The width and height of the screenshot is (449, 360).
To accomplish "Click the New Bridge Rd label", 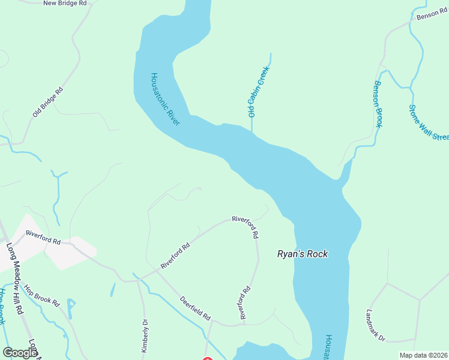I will coord(65,4).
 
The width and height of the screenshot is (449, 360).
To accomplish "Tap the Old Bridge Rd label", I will coord(47,102).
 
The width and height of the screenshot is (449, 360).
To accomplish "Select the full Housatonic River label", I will coord(165,99).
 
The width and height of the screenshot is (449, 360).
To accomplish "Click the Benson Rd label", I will coord(432,15).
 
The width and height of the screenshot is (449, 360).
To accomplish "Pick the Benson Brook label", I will coord(378,104).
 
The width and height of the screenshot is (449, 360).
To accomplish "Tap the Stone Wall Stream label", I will coord(427,123).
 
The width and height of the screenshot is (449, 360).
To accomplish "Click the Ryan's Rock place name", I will coord(302,254).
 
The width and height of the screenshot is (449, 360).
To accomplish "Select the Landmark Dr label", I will coord(375,325).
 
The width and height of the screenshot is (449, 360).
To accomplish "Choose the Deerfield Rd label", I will coord(196,308).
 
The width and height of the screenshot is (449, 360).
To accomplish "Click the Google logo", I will coord(20,353).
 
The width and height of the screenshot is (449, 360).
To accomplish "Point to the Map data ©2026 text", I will coord(423,355).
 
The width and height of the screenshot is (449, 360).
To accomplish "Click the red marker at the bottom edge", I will coord(207,358).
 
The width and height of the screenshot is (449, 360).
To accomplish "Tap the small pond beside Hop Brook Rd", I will coord(71,308).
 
